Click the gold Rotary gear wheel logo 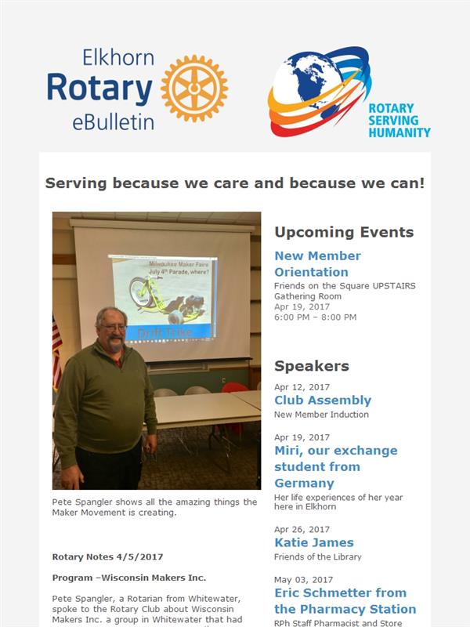(194, 89)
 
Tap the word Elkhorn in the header (118, 58)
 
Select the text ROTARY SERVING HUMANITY (399, 121)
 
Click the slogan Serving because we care (234, 183)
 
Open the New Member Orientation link (318, 264)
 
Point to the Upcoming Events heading (344, 232)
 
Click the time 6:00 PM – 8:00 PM (316, 317)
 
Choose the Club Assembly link (323, 400)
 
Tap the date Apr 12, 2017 (302, 387)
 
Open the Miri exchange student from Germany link (336, 466)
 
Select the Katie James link (314, 542)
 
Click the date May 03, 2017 (304, 580)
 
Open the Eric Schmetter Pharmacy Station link (345, 601)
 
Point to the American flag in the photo (57, 352)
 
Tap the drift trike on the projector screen (165, 299)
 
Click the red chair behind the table (234, 386)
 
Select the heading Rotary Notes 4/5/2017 (107, 557)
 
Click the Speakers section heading (312, 366)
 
